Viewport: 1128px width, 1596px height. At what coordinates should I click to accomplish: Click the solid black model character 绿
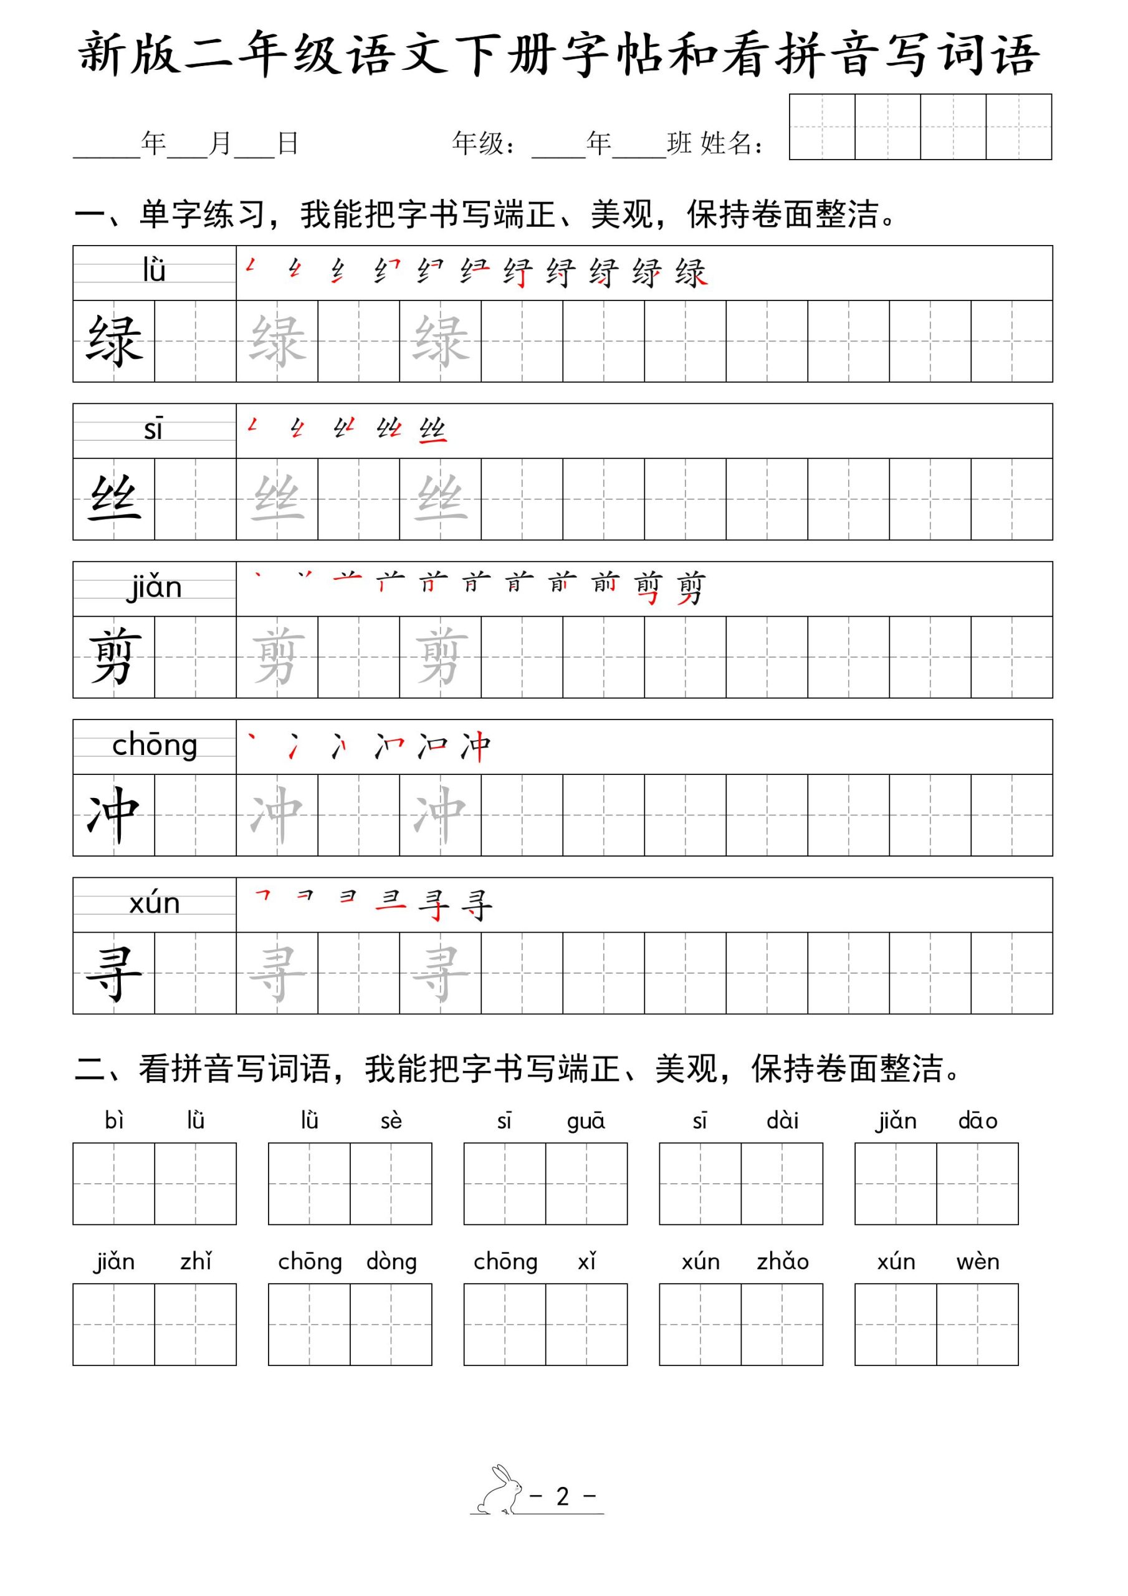114,340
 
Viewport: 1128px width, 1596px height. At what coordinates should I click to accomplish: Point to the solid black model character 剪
114,656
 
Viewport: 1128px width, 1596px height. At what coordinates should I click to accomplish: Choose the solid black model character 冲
114,814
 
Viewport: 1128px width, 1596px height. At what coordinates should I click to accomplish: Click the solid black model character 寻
114,973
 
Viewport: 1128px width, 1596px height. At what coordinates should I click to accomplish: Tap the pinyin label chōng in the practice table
155,746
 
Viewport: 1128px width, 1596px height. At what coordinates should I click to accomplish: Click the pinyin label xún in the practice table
155,903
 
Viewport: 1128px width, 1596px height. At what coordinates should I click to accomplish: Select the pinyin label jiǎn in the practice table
155,588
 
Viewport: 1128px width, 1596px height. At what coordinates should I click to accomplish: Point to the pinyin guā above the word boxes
586,1121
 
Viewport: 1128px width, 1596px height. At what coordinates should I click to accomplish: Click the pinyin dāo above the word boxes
977,1120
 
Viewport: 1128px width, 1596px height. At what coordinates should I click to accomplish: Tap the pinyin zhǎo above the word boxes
782,1262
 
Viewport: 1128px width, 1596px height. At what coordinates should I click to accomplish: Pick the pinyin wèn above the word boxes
977,1262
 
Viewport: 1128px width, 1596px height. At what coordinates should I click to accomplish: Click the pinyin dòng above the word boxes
391,1262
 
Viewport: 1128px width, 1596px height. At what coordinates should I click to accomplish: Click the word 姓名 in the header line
726,143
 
